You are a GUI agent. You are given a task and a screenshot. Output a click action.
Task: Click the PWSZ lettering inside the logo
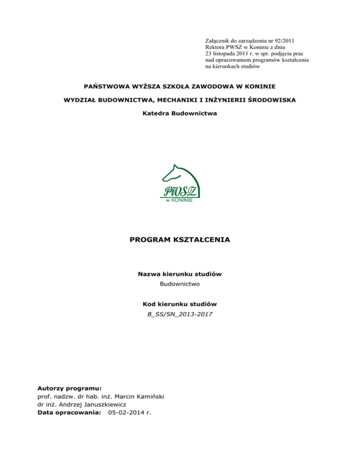(180, 190)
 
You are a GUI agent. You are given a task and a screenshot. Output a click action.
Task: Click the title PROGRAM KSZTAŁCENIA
(180, 240)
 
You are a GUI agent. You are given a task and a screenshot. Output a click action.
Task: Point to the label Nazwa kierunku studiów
(180, 274)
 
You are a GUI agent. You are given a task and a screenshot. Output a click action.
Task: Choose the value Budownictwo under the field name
(180, 285)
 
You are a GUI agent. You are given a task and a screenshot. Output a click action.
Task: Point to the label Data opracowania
(69, 412)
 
